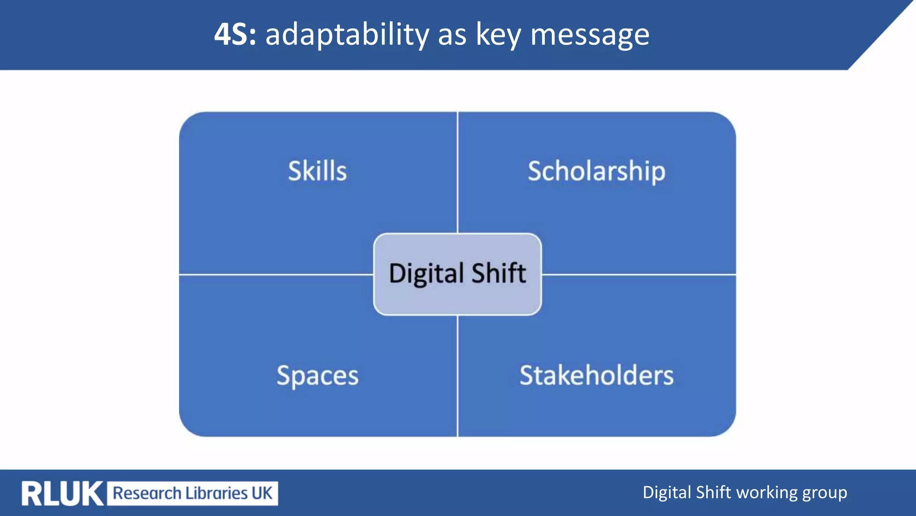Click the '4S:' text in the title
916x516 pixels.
235,34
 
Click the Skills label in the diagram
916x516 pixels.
318,171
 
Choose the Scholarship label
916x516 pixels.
597,171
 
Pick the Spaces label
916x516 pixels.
318,375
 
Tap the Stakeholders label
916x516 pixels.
597,375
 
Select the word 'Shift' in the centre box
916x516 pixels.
499,273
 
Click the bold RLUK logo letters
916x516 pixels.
62,494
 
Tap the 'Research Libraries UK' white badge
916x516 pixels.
192,494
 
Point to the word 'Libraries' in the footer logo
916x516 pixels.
216,493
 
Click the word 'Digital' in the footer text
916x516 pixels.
667,493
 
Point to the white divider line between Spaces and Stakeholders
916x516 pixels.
458,376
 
